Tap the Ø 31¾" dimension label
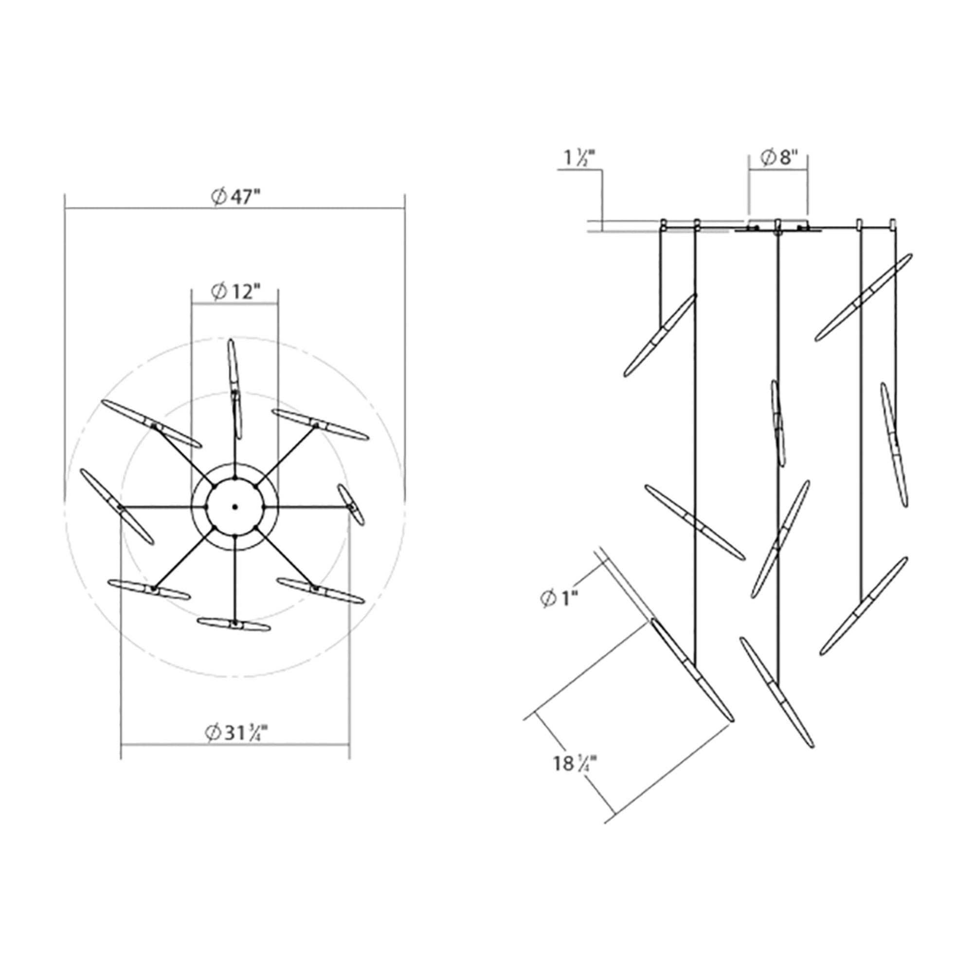pyautogui.click(x=235, y=733)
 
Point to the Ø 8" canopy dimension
pyautogui.click(x=779, y=158)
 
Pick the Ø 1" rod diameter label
pyautogui.click(x=559, y=599)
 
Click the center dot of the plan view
pyautogui.click(x=234, y=506)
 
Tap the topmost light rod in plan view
pyautogui.click(x=234, y=388)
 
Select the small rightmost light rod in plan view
pyautogui.click(x=351, y=505)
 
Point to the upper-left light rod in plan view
pyautogui.click(x=151, y=424)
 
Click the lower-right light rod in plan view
pyautogui.click(x=321, y=590)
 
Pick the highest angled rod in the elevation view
pyautogui.click(x=863, y=297)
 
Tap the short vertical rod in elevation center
pyautogui.click(x=778, y=423)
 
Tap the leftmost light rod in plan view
pyautogui.click(x=117, y=506)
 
